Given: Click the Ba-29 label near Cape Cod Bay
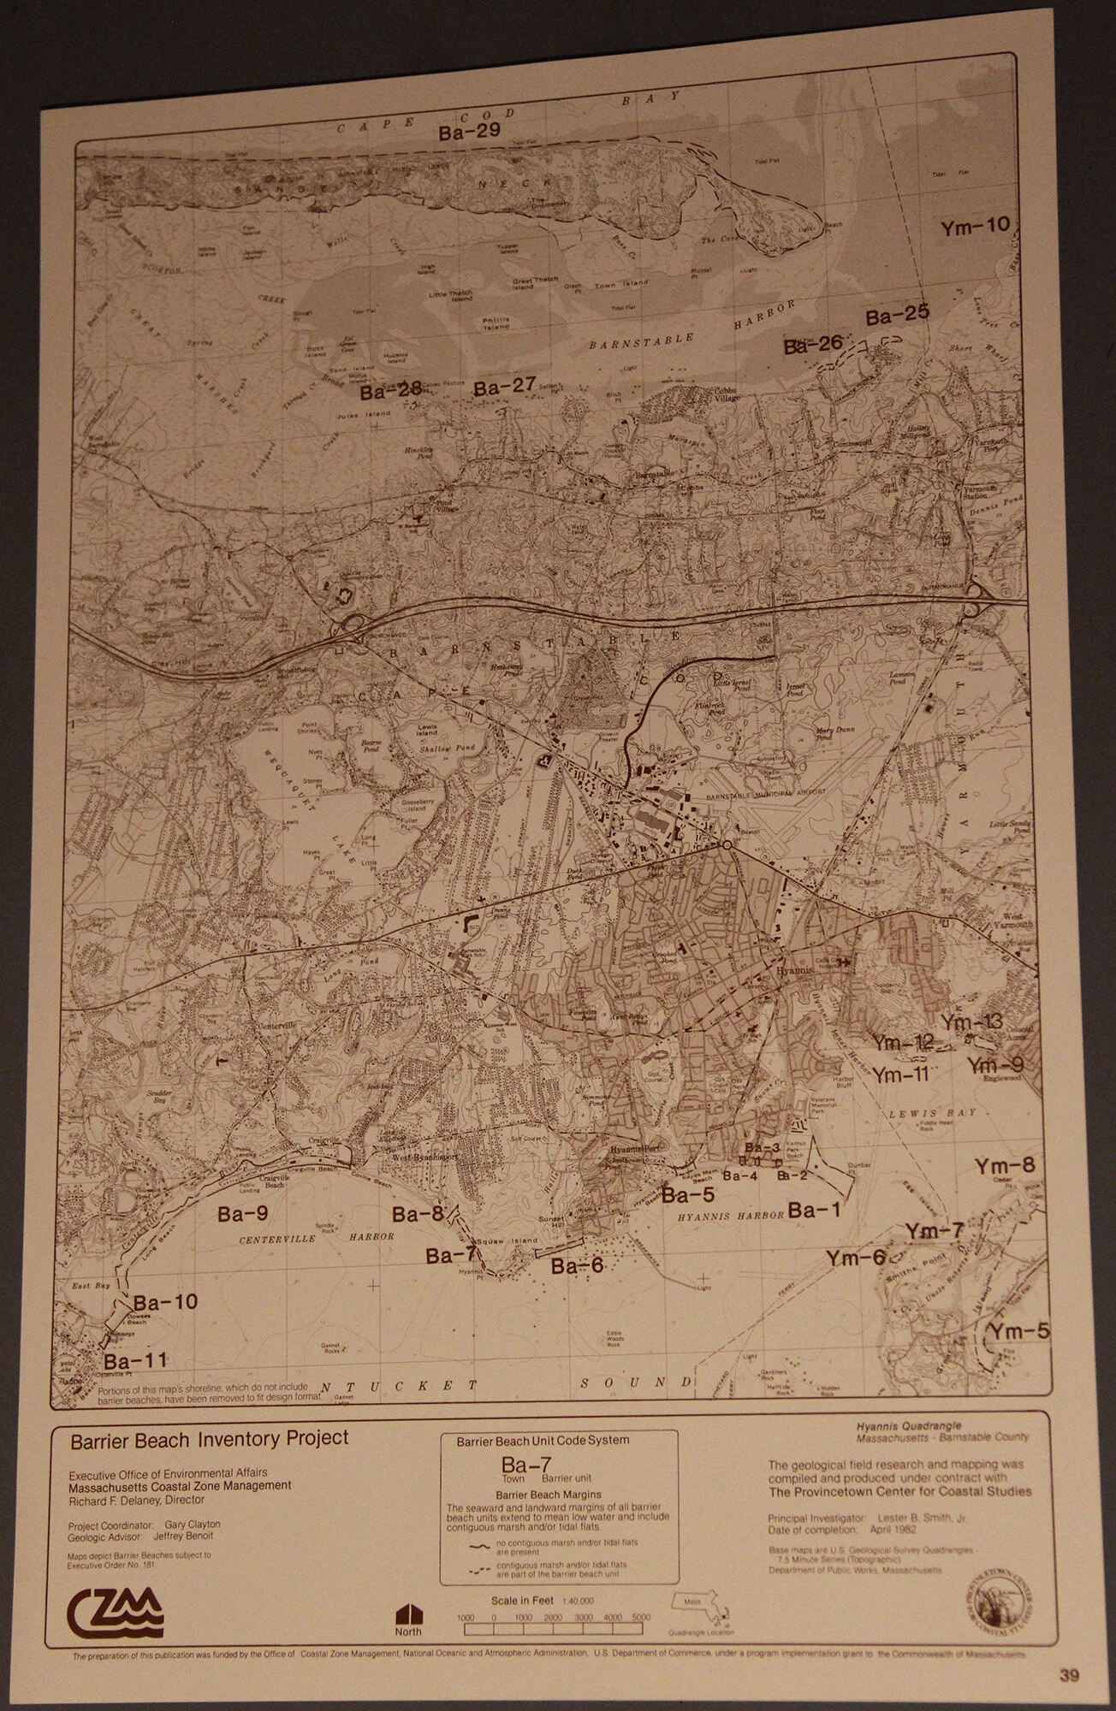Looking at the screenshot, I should tap(469, 132).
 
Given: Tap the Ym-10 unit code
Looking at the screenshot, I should tap(975, 227).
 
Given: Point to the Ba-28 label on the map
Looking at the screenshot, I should tap(390, 390).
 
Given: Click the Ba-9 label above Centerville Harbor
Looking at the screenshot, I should tap(242, 1213).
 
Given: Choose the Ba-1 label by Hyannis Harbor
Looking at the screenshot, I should tap(814, 1210).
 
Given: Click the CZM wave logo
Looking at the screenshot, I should tap(114, 1607).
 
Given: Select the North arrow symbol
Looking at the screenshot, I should tap(408, 1613).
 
